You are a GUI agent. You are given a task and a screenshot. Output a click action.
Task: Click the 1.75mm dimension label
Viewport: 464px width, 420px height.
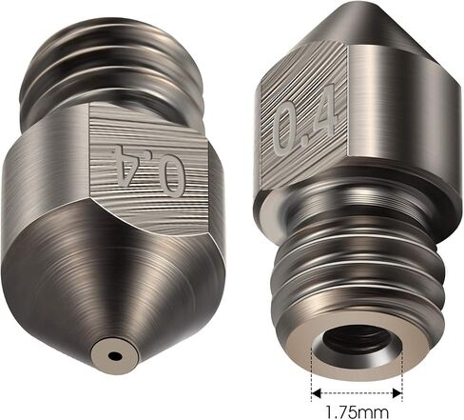[357, 412]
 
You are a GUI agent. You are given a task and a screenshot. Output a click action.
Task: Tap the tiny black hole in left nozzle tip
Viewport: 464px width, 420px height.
[115, 356]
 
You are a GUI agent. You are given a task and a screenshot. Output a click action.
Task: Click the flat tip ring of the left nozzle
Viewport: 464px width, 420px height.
[115, 354]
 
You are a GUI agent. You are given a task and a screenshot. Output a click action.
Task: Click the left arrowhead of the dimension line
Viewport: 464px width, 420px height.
[317, 393]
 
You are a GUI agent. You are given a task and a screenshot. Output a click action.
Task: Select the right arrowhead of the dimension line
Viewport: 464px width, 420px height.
[397, 393]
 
